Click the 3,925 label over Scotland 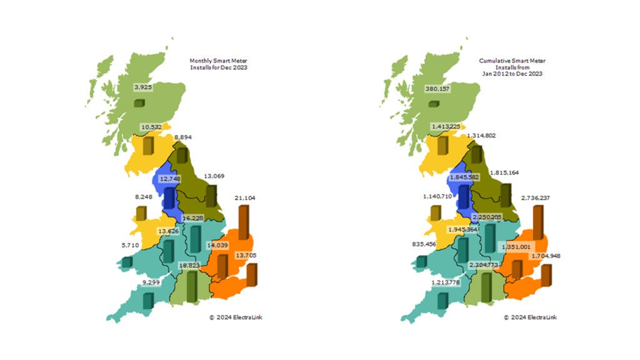pyautogui.click(x=142, y=87)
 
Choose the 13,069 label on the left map pyautogui.click(x=214, y=176)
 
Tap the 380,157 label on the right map pyautogui.click(x=437, y=88)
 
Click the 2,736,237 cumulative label pyautogui.click(x=538, y=197)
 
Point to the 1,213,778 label pyautogui.click(x=447, y=283)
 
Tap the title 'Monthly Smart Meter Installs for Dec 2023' pyautogui.click(x=218, y=64)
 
